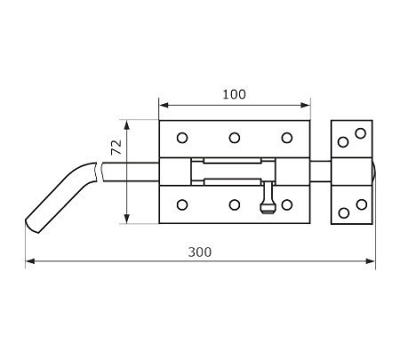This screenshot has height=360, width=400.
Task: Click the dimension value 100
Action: click(234, 94)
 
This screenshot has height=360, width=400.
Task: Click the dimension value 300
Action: click(200, 252)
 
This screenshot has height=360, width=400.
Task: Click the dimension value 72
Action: click(116, 147)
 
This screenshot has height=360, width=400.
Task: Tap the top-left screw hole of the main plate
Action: click(182, 138)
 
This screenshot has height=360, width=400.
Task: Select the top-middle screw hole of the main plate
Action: click(235, 138)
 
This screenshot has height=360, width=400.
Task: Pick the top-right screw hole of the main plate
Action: click(287, 138)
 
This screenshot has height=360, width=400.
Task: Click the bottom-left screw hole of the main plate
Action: click(182, 204)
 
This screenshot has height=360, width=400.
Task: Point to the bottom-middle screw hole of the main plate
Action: click(235, 204)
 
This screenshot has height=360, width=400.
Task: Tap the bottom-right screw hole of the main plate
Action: click(287, 204)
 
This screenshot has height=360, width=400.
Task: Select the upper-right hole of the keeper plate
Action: click(361, 133)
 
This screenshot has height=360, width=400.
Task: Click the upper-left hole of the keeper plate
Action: click(343, 142)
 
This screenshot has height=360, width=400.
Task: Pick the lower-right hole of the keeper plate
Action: click(362, 204)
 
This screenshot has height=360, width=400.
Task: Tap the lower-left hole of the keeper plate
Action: click(344, 213)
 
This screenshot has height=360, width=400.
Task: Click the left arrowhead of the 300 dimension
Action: click(30, 261)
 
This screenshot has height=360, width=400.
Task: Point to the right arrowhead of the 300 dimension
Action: click(371, 261)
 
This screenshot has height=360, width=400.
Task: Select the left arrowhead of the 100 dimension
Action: click(164, 105)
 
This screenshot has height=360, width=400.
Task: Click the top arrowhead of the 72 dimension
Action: click(127, 125)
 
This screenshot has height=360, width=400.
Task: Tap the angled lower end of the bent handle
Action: click(32, 227)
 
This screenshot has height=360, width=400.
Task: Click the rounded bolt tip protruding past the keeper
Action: click(374, 172)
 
